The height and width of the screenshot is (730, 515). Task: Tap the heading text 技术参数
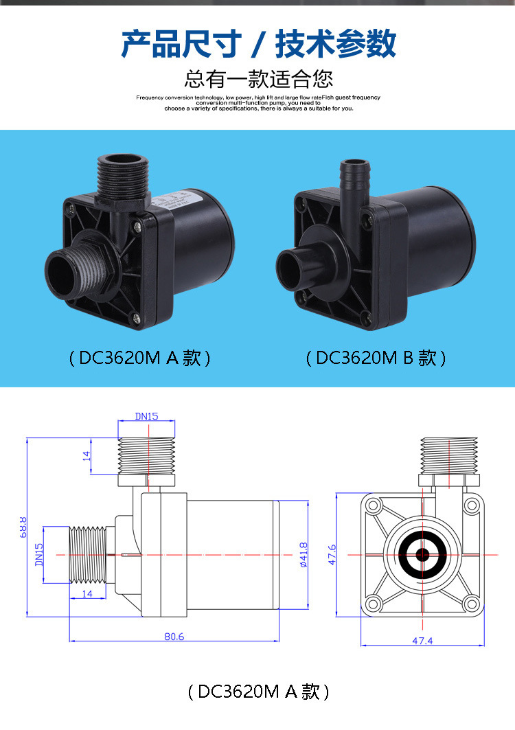pos(336,44)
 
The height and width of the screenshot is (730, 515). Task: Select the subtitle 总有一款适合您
pos(258,78)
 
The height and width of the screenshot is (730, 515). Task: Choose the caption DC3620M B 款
pos(376,358)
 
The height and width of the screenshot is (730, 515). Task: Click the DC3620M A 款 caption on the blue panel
pos(139,358)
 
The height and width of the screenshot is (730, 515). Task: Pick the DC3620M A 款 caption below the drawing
pos(258,692)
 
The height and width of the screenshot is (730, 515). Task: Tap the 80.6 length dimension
pos(174,636)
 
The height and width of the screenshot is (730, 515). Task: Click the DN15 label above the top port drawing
pos(146,416)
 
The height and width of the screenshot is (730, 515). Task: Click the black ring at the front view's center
pos(422,554)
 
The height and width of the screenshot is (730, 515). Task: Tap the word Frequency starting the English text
pos(151,98)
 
